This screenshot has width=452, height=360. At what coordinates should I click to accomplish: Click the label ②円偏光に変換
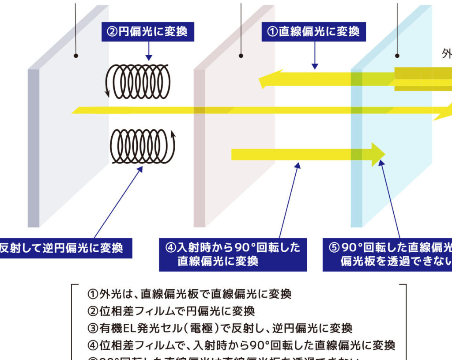tap(147, 32)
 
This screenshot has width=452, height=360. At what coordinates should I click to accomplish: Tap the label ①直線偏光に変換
tap(313, 32)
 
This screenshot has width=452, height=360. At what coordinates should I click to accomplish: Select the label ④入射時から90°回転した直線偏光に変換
tap(233, 254)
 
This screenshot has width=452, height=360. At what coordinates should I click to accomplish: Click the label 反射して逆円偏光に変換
tap(62, 248)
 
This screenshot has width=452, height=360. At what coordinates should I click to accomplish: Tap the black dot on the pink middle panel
tap(241, 56)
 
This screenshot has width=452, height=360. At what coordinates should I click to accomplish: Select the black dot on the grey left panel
tap(76, 56)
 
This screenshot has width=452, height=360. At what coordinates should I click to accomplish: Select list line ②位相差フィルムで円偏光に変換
tap(171, 311)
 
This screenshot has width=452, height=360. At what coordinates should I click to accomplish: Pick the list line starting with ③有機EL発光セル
tap(219, 328)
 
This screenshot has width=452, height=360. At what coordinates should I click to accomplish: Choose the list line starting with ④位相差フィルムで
tap(241, 345)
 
